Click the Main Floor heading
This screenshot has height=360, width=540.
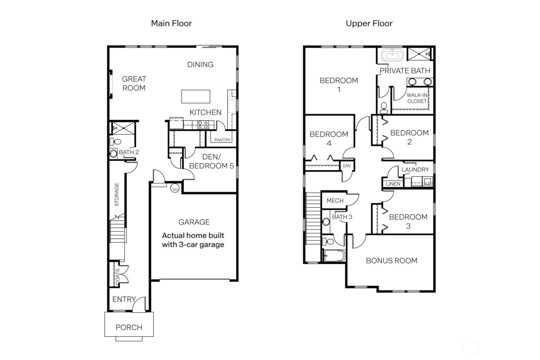coord(171,24)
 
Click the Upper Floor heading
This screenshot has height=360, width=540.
coord(369,24)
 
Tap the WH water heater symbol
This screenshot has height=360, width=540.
coord(175,189)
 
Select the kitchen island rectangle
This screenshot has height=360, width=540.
coord(196,96)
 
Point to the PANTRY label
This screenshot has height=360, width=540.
coord(222,140)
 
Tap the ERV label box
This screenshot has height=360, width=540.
coord(347,166)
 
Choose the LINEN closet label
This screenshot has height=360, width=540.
coord(393,184)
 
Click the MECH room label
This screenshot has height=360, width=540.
coord(334,201)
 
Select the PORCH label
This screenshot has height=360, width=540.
coord(129,327)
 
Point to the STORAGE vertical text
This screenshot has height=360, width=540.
coord(116,194)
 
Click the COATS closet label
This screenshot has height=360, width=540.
coord(117,276)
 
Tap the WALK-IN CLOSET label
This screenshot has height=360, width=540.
coord(417,98)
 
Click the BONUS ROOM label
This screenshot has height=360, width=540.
coord(391,260)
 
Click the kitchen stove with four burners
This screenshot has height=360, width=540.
coord(203,124)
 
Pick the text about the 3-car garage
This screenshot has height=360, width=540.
coord(193,240)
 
